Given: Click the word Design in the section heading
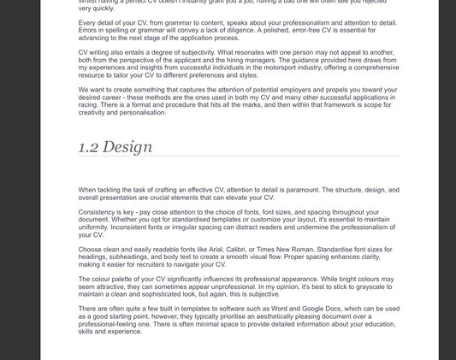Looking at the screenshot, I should tap(129, 147).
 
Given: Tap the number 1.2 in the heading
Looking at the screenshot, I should tap(89, 147).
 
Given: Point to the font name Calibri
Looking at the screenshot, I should tap(249, 249).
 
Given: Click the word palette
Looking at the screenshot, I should tap(125, 278).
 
